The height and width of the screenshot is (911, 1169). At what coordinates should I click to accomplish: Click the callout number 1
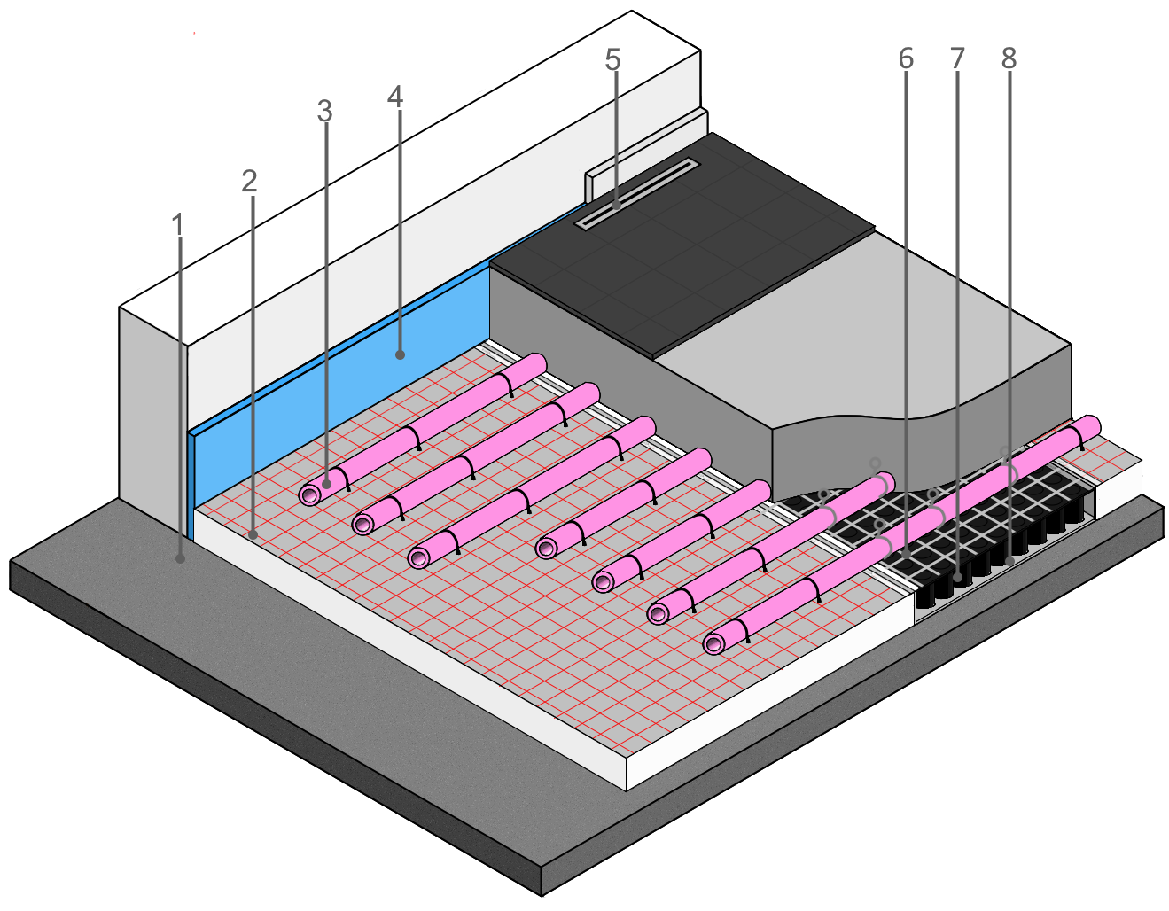point(178,225)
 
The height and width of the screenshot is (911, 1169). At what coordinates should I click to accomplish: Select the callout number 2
point(249,182)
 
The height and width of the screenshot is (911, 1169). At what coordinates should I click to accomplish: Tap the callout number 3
point(324,112)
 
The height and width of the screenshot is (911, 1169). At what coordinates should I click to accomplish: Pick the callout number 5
point(612,60)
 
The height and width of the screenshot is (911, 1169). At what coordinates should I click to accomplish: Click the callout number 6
point(905,58)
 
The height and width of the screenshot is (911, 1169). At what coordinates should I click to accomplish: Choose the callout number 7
point(957,58)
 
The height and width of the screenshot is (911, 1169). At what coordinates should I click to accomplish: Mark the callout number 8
point(1009,58)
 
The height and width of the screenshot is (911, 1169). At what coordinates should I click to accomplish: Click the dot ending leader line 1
point(181,558)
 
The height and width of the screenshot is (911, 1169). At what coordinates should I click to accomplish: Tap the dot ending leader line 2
point(253,534)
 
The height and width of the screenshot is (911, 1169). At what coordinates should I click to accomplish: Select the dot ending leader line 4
point(401,354)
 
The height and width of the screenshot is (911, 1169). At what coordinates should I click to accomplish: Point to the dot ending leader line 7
point(959,577)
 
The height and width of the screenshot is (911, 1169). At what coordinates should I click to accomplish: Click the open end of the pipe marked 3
point(310,494)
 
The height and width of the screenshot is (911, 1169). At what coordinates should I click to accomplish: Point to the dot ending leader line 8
point(1009,560)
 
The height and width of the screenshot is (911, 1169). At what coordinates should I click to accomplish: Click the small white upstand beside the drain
point(592,184)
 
